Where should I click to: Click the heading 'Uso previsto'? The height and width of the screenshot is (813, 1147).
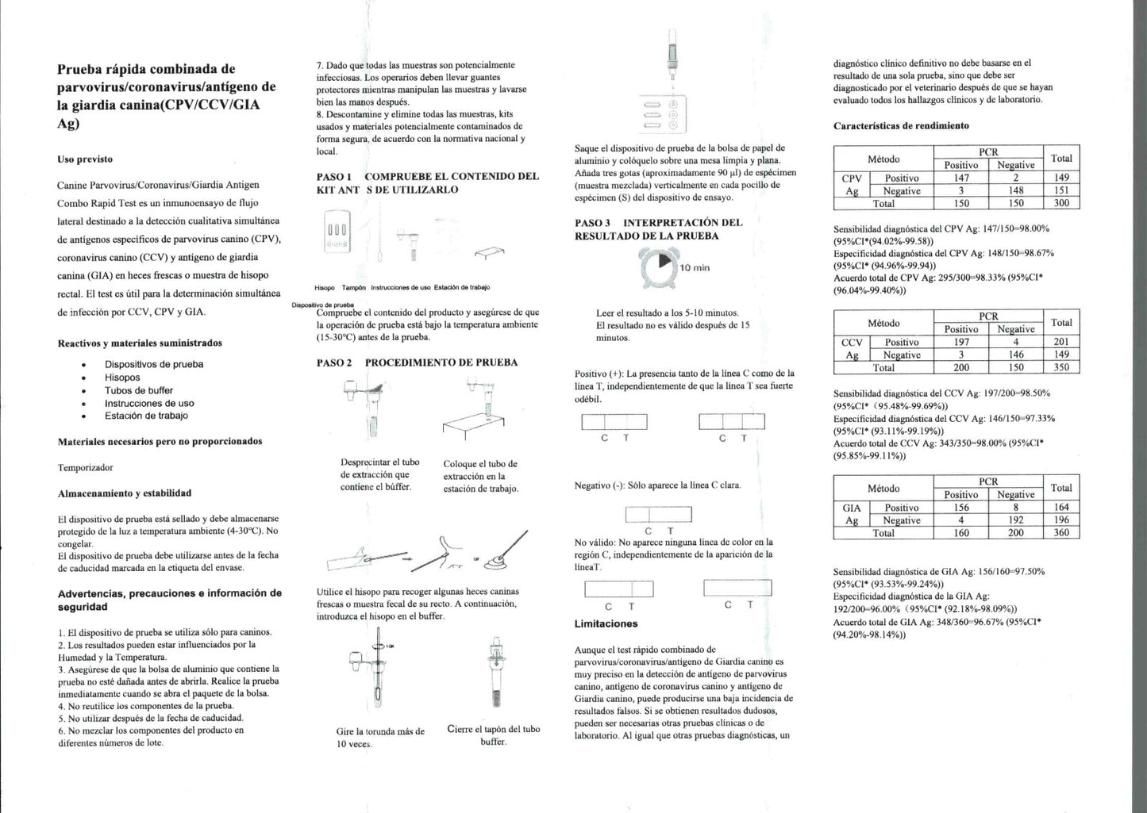click(85, 159)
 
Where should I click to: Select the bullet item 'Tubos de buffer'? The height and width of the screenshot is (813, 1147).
click(138, 390)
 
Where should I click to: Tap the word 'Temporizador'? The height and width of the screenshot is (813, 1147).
click(86, 468)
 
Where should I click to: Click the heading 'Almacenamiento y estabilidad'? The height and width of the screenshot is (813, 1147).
click(125, 493)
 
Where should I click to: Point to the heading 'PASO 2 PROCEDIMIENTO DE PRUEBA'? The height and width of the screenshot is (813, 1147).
click(417, 362)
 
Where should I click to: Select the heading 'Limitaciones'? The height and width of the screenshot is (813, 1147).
click(606, 624)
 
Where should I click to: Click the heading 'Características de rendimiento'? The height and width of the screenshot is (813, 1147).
click(901, 126)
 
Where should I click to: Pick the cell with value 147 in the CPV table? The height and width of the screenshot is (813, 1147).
click(960, 178)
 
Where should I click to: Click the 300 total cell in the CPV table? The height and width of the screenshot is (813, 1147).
click(1061, 203)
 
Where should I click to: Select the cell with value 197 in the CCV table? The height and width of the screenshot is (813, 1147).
click(960, 342)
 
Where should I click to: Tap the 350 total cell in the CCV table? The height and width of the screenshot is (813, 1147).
click(1061, 367)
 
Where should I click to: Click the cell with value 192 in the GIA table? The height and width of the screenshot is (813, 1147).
click(1015, 520)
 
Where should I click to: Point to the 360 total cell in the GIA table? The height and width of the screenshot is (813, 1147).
click(1061, 533)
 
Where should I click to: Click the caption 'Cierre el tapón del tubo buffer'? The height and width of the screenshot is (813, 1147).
click(493, 735)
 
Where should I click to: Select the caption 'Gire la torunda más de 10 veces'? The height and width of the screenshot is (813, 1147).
click(380, 738)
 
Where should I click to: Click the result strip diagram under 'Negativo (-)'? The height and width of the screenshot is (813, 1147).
click(658, 514)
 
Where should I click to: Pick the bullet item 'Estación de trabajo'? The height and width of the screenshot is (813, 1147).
click(146, 416)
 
